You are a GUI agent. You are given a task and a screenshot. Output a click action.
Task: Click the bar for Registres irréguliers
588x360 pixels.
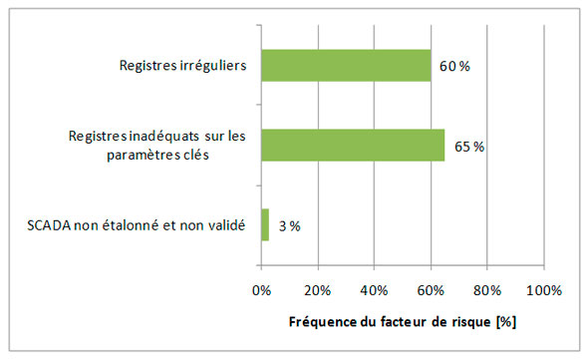tap(346, 67)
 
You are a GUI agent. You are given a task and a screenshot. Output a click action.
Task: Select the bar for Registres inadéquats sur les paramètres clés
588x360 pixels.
tap(353, 146)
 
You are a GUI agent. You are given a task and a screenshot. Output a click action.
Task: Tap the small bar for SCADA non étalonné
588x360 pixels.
tap(265, 224)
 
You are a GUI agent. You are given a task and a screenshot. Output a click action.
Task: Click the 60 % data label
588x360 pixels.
tap(453, 68)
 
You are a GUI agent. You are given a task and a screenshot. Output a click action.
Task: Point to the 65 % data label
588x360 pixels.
tap(467, 147)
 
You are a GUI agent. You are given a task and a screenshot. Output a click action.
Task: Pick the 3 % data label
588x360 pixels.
tap(290, 225)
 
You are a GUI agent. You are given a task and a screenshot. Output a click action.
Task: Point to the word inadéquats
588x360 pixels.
tap(160, 136)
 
